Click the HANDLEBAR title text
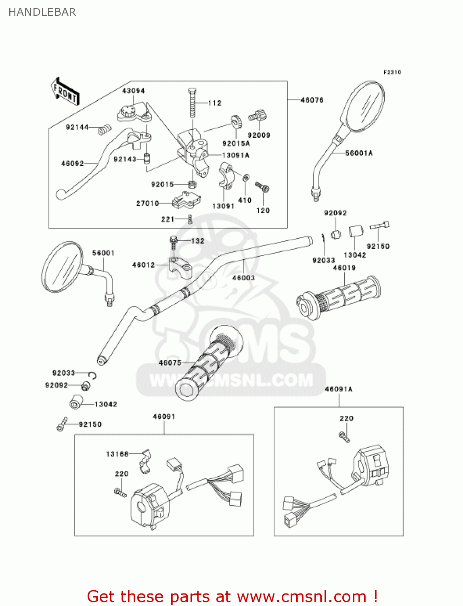42,12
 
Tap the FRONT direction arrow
65,92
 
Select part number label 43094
133,91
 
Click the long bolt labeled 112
193,103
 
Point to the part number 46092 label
72,164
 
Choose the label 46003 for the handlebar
243,278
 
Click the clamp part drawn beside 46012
180,267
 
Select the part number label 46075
170,363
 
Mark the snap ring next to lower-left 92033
93,376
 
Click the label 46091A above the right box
339,389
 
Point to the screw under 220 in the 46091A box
344,437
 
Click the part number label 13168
117,454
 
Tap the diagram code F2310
392,72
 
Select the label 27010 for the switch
147,203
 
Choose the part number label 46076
312,100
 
